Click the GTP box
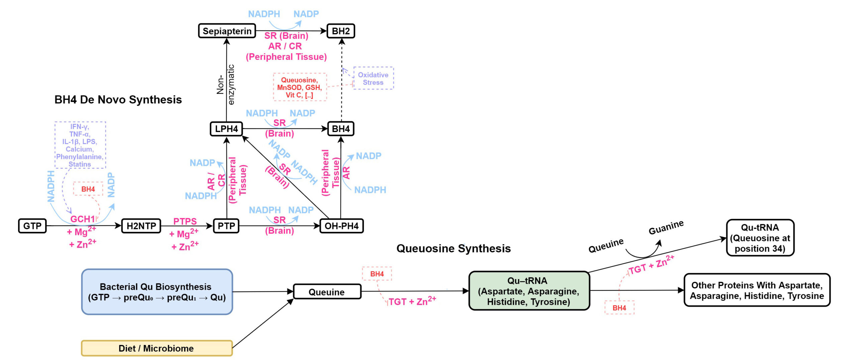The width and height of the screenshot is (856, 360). point(32,226)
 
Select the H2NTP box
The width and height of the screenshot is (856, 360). point(141,226)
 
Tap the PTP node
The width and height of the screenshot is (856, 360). point(226,226)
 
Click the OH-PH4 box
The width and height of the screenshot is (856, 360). point(341,226)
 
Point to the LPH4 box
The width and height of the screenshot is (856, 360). point(226,129)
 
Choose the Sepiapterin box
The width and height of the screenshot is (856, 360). point(227,31)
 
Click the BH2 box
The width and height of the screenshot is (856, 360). point(341,31)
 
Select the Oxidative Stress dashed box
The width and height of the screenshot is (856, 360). point(373,79)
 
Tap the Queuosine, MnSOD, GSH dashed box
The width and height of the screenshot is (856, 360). point(300,87)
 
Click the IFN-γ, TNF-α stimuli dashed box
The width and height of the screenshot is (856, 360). point(80,145)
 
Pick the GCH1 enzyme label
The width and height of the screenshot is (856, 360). point(82,219)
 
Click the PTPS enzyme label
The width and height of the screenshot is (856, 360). point(185,221)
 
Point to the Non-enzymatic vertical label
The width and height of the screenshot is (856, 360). point(225,85)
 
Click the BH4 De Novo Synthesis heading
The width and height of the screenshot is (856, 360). point(118,100)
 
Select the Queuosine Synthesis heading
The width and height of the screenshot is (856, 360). point(453,249)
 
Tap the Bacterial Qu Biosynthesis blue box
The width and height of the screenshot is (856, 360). point(157,292)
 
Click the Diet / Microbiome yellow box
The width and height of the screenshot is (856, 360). point(156,348)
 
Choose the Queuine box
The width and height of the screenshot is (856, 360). point(327,292)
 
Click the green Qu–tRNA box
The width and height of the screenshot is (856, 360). point(529,291)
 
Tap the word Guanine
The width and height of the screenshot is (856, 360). point(666,228)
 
